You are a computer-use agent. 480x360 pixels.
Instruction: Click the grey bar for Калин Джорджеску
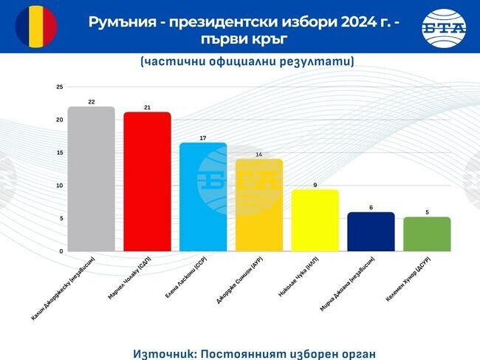click(x=91, y=179)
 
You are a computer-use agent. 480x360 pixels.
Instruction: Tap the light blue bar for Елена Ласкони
click(x=203, y=197)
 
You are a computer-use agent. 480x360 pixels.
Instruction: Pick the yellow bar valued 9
click(x=315, y=220)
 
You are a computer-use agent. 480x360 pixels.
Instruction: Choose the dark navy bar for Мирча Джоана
click(x=371, y=231)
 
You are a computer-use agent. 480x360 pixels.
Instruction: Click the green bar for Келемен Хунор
click(x=427, y=234)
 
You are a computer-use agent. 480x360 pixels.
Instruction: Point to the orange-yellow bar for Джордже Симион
click(x=258, y=205)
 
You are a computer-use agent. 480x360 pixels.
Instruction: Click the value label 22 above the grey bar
click(x=91, y=101)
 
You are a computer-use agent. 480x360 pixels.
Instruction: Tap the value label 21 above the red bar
click(x=147, y=107)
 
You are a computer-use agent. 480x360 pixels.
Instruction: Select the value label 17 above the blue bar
click(x=203, y=137)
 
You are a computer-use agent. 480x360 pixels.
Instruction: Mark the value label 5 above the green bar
click(x=427, y=212)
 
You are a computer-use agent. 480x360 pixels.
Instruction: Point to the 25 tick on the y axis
click(x=59, y=87)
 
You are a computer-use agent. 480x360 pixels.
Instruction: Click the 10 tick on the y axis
click(x=59, y=186)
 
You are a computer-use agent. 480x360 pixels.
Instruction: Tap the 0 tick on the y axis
click(x=61, y=251)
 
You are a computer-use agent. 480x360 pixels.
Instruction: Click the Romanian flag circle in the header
click(x=36, y=27)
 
